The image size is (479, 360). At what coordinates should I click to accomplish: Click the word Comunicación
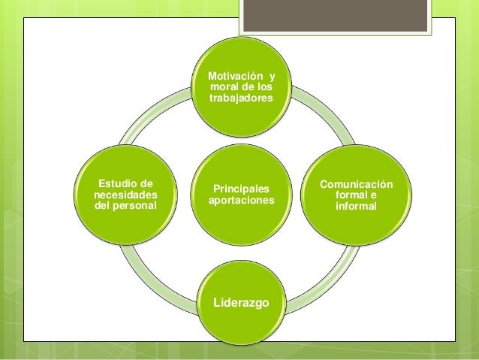pyautogui.click(x=356, y=184)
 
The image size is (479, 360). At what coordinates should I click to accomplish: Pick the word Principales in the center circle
pyautogui.click(x=242, y=189)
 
